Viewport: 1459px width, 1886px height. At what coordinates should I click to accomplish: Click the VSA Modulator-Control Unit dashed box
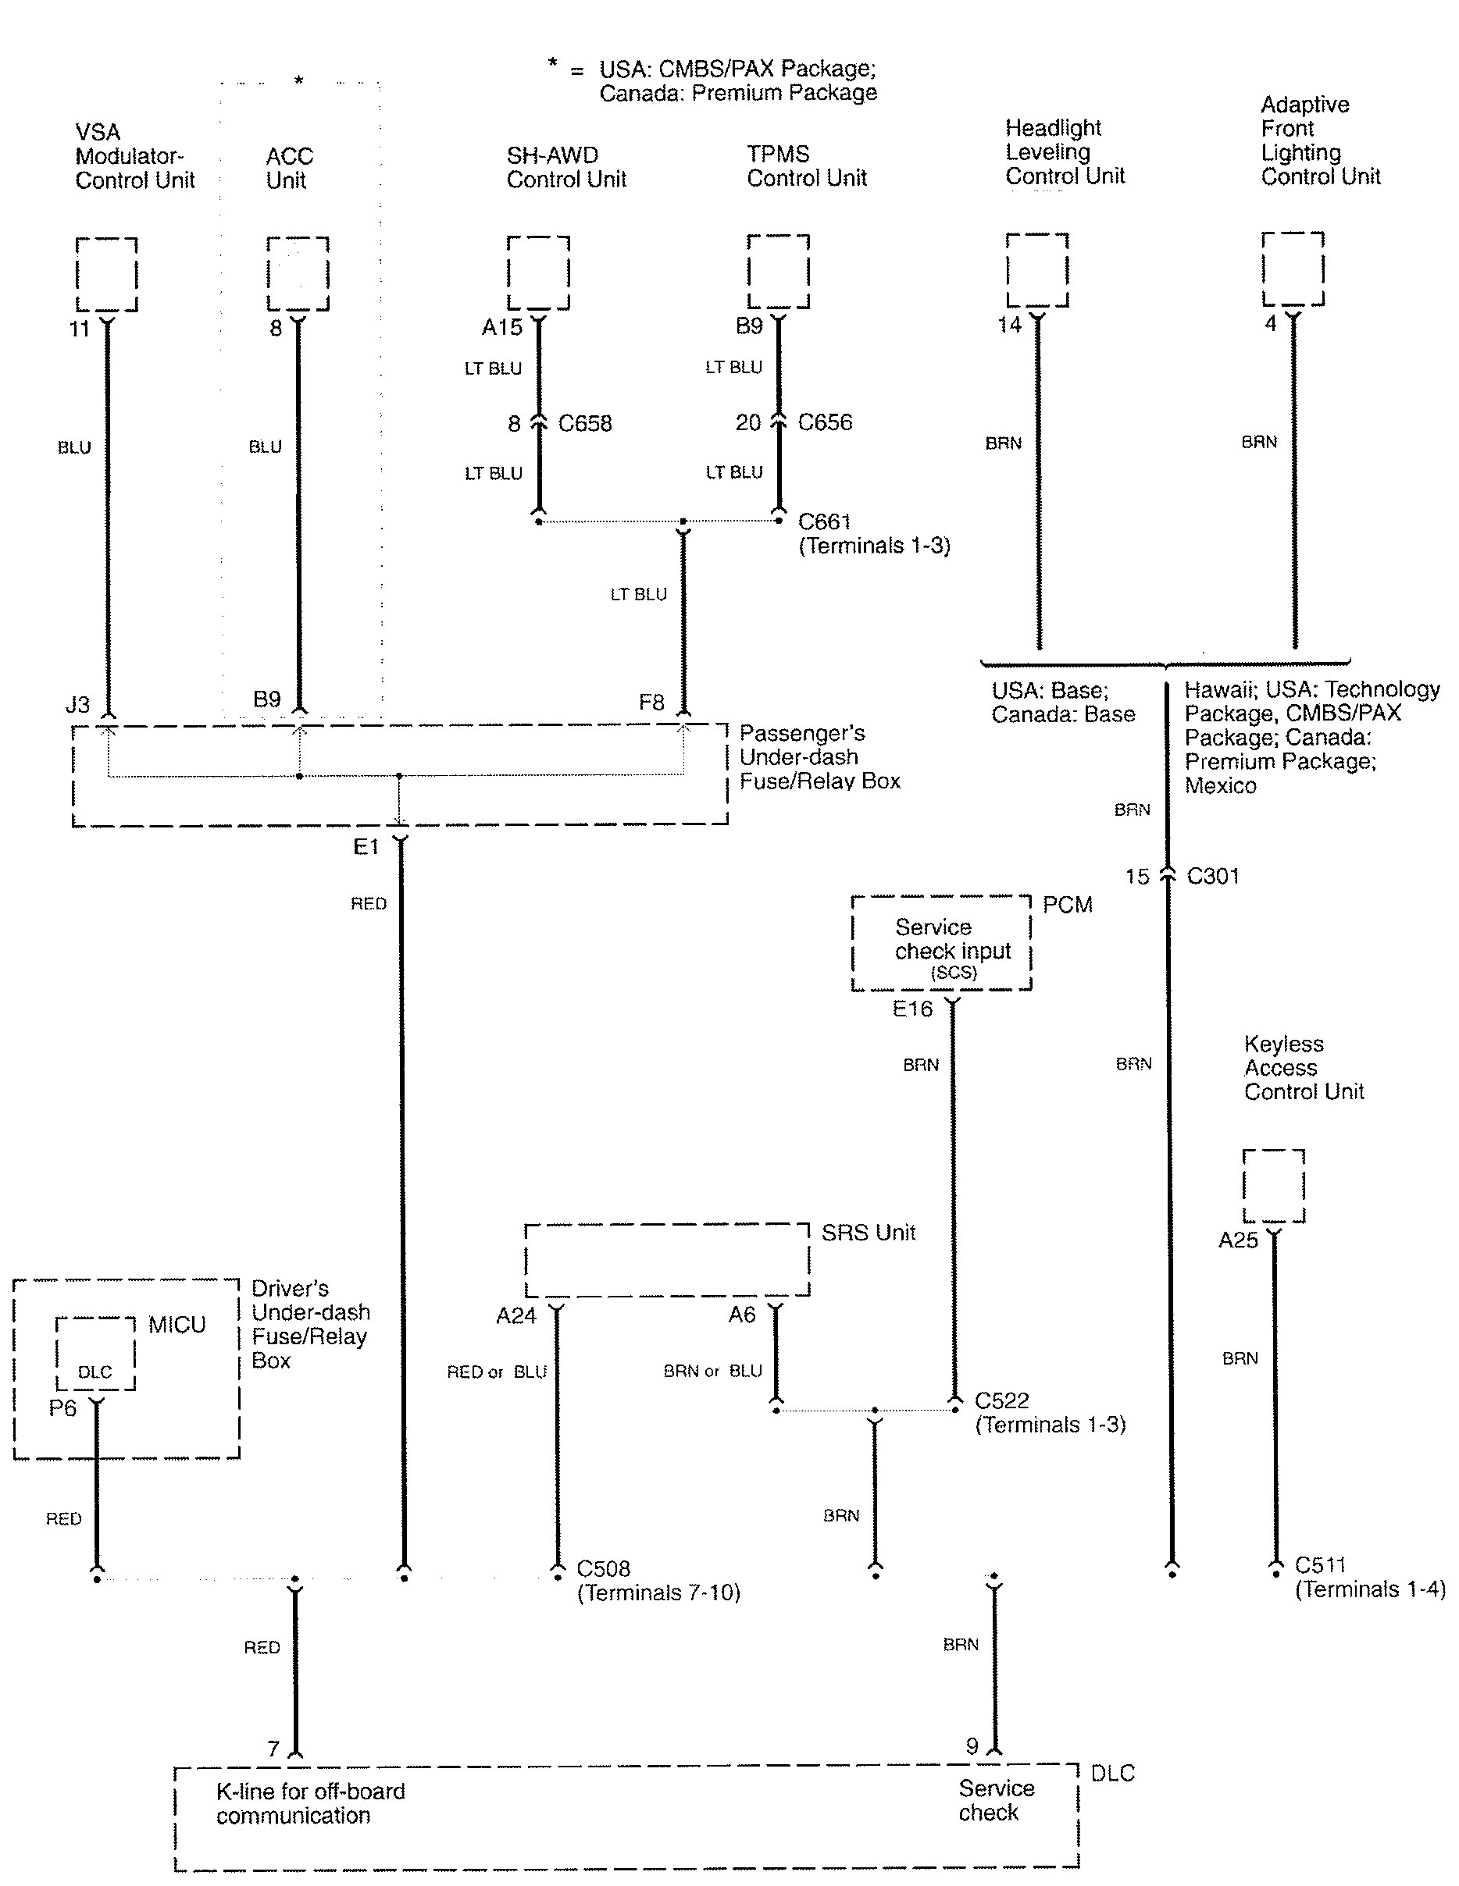click(x=77, y=275)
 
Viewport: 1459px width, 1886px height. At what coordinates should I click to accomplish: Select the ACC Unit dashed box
click(x=268, y=274)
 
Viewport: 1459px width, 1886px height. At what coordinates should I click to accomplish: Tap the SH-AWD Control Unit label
click(x=565, y=168)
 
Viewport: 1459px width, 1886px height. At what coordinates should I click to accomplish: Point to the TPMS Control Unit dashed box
click(x=749, y=271)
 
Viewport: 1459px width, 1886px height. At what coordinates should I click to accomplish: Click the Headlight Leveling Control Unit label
click(x=1065, y=152)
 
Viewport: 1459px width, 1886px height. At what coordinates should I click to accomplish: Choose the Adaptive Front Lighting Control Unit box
click(x=1264, y=269)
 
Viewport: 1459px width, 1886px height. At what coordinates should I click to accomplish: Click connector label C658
click(x=585, y=424)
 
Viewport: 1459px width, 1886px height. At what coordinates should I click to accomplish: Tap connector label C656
click(x=825, y=422)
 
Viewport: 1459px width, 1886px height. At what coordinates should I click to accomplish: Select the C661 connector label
click(x=824, y=521)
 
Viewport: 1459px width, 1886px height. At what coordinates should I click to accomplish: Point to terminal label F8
click(x=651, y=702)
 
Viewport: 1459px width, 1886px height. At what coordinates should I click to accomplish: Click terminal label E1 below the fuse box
click(x=366, y=847)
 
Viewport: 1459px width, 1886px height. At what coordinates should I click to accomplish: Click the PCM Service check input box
click(x=854, y=943)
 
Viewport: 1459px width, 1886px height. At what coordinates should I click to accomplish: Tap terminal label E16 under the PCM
click(x=912, y=1009)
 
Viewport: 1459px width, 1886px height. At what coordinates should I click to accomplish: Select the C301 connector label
click(x=1213, y=877)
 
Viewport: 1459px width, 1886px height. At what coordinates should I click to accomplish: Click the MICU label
click(x=177, y=1325)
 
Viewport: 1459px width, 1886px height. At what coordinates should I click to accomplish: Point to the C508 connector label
click(x=603, y=1568)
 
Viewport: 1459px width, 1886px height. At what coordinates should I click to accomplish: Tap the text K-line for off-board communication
click(x=310, y=1803)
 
